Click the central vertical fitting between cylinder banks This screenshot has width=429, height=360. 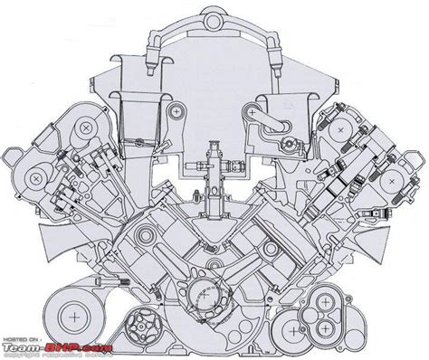click(214, 172)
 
